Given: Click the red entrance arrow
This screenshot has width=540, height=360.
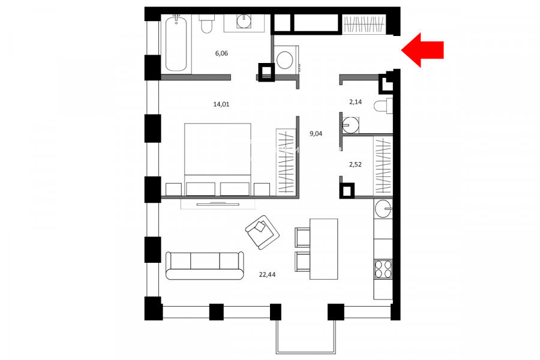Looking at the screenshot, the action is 422,50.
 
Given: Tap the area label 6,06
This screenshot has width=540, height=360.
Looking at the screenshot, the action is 221,53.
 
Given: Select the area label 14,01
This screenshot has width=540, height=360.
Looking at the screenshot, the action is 221,104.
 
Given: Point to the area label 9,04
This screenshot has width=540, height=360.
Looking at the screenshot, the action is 316,134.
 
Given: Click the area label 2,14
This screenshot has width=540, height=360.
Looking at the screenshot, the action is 355,101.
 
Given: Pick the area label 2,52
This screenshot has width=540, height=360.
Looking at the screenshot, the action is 355,164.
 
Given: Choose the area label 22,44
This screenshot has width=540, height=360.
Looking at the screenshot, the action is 267,275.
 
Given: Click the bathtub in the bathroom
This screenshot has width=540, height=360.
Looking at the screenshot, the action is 176,44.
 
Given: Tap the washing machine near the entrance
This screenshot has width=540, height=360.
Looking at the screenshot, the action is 286,59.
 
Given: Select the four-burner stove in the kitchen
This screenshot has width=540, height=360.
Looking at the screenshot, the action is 383,269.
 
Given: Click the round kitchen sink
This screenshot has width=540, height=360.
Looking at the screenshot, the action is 383,209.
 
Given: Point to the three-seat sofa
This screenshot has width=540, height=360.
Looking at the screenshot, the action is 205,266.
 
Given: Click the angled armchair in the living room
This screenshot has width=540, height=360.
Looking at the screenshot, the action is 262,232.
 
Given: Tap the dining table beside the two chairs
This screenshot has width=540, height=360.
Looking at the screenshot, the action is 323,249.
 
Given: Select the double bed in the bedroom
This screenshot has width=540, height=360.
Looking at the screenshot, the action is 217,160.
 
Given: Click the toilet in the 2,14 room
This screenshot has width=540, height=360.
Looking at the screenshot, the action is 383,106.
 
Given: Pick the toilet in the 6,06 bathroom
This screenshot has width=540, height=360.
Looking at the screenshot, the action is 206,24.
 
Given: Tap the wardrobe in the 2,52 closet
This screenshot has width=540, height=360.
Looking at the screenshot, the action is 383,166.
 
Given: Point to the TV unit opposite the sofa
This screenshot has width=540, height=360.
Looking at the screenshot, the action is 218,204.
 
